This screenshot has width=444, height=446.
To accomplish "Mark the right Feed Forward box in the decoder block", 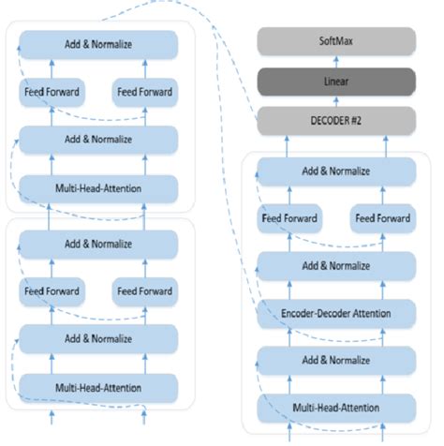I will (381, 219).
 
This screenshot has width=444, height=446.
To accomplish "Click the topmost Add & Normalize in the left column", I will (97, 44).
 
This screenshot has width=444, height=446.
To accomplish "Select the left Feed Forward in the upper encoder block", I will (51, 92).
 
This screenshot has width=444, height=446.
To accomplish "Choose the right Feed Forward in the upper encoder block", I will (143, 92).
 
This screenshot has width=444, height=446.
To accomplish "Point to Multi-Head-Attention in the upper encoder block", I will (97, 187).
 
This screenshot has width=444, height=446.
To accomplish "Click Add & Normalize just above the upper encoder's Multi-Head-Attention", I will (97, 140).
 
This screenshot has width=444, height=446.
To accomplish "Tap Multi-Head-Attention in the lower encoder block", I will (97, 386).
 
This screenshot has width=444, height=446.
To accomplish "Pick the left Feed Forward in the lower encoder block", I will (51, 290).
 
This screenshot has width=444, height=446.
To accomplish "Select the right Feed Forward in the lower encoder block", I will (143, 290).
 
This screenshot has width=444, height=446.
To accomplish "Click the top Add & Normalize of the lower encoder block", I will (97, 243).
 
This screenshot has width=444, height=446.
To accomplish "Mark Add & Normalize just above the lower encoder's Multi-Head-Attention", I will (97, 338).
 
